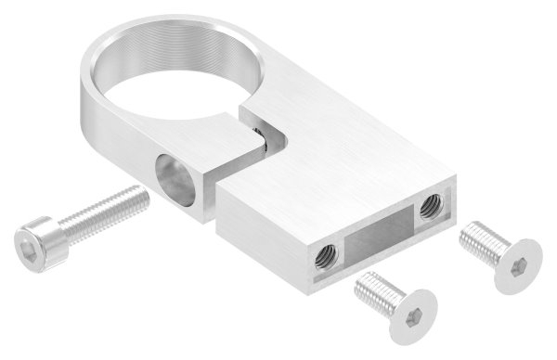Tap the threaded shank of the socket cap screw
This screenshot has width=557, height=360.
click(x=110, y=209)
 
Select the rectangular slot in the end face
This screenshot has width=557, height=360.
click(x=379, y=232)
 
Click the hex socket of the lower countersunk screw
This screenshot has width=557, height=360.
click(x=406, y=318)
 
